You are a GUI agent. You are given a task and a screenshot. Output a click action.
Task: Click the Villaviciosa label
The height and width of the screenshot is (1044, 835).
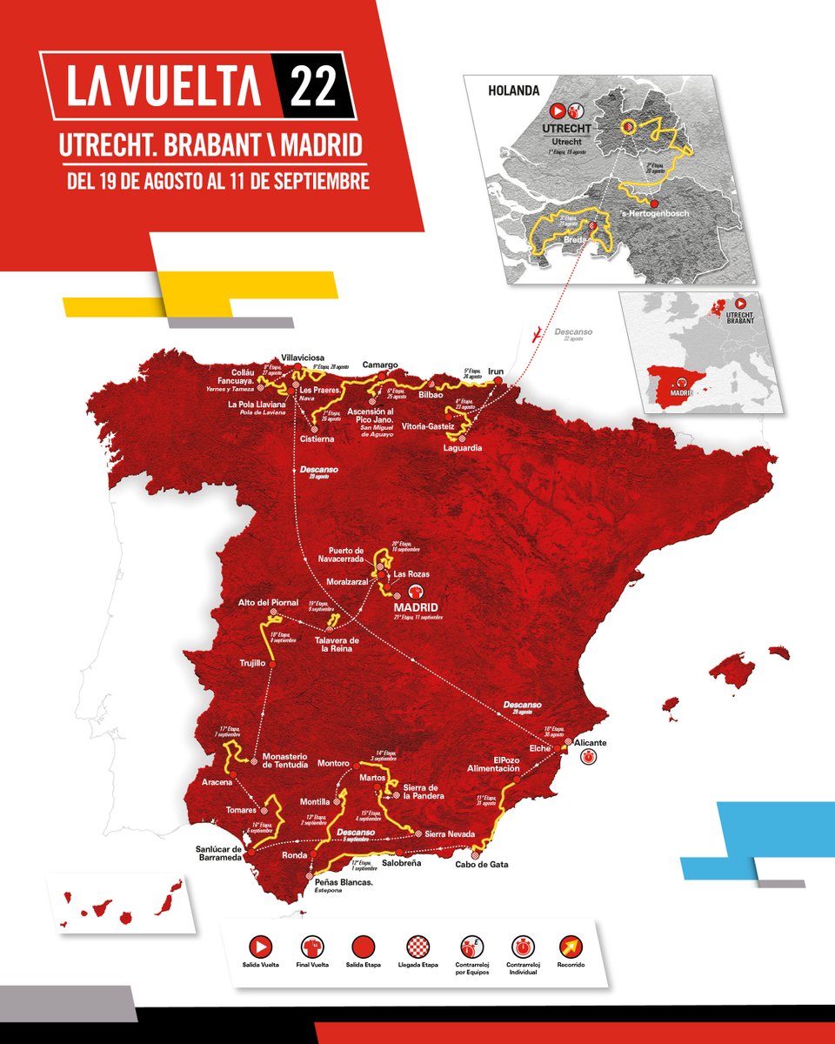pos(301,358)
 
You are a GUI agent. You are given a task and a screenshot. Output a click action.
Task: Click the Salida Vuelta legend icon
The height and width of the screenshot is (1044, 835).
pos(259,947)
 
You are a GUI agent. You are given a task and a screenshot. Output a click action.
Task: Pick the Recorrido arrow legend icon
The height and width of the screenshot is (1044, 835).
pos(571,947)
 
